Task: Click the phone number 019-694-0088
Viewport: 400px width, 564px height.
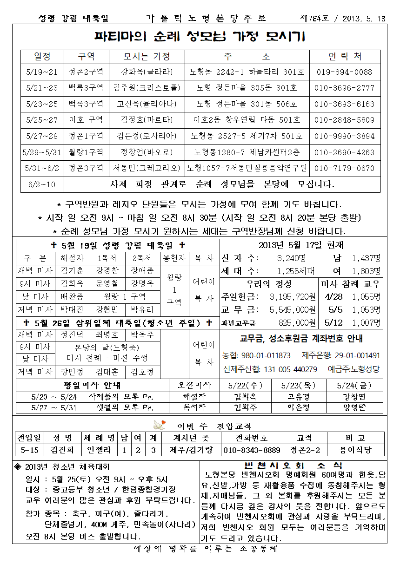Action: [345, 72]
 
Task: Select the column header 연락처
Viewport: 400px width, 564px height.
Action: [345, 57]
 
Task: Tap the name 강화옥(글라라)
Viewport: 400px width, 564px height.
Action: [147, 72]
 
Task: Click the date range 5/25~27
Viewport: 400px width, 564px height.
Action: [42, 120]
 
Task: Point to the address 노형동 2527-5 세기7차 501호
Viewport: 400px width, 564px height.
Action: [247, 136]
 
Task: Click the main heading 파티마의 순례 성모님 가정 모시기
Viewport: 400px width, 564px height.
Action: [200, 36]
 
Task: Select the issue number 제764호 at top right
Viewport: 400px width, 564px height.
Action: [314, 19]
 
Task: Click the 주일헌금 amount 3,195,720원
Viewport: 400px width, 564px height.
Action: [292, 296]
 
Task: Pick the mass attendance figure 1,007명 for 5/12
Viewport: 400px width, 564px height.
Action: [366, 322]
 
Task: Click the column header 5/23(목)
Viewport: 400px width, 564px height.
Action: [299, 385]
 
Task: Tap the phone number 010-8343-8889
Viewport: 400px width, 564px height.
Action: [252, 450]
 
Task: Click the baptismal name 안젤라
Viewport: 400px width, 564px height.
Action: [100, 450]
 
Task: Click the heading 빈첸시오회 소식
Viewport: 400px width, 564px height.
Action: [293, 466]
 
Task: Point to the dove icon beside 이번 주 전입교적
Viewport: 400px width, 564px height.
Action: [160, 425]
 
